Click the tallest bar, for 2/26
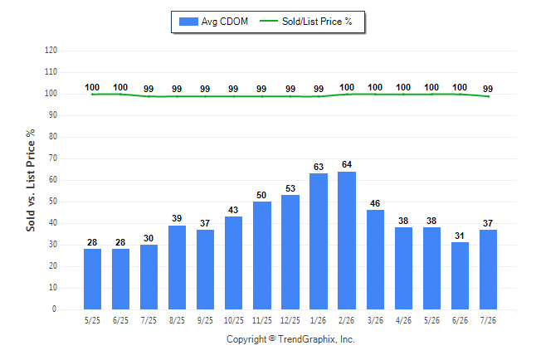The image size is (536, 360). pyautogui.click(x=347, y=241)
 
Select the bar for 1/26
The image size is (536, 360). pyautogui.click(x=319, y=241)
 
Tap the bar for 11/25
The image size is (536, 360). pyautogui.click(x=262, y=255)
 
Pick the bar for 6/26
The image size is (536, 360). pyautogui.click(x=460, y=276)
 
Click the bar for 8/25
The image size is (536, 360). pyautogui.click(x=177, y=267)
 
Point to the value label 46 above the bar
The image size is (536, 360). pyautogui.click(x=375, y=203)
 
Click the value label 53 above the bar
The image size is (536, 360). pyautogui.click(x=290, y=188)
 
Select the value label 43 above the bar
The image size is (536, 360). pyautogui.click(x=233, y=210)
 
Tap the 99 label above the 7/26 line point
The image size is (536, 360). pyautogui.click(x=488, y=89)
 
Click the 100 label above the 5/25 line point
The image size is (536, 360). pyautogui.click(x=92, y=88)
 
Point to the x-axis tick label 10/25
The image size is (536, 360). pyautogui.click(x=234, y=320)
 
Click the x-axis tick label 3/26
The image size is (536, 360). pyautogui.click(x=375, y=320)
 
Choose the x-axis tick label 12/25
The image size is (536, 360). pyautogui.click(x=290, y=320)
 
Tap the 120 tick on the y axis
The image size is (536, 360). pyautogui.click(x=51, y=51)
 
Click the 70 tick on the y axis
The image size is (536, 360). pyautogui.click(x=53, y=158)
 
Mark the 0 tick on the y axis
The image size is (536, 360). pyautogui.click(x=55, y=309)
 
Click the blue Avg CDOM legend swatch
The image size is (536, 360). pyautogui.click(x=188, y=22)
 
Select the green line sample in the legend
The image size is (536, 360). pyautogui.click(x=269, y=21)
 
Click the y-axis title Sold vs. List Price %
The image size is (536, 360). pyautogui.click(x=31, y=180)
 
